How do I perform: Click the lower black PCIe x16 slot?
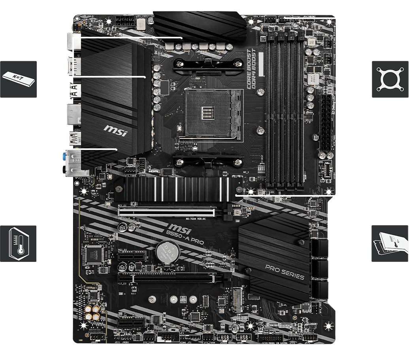point(168,278)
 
